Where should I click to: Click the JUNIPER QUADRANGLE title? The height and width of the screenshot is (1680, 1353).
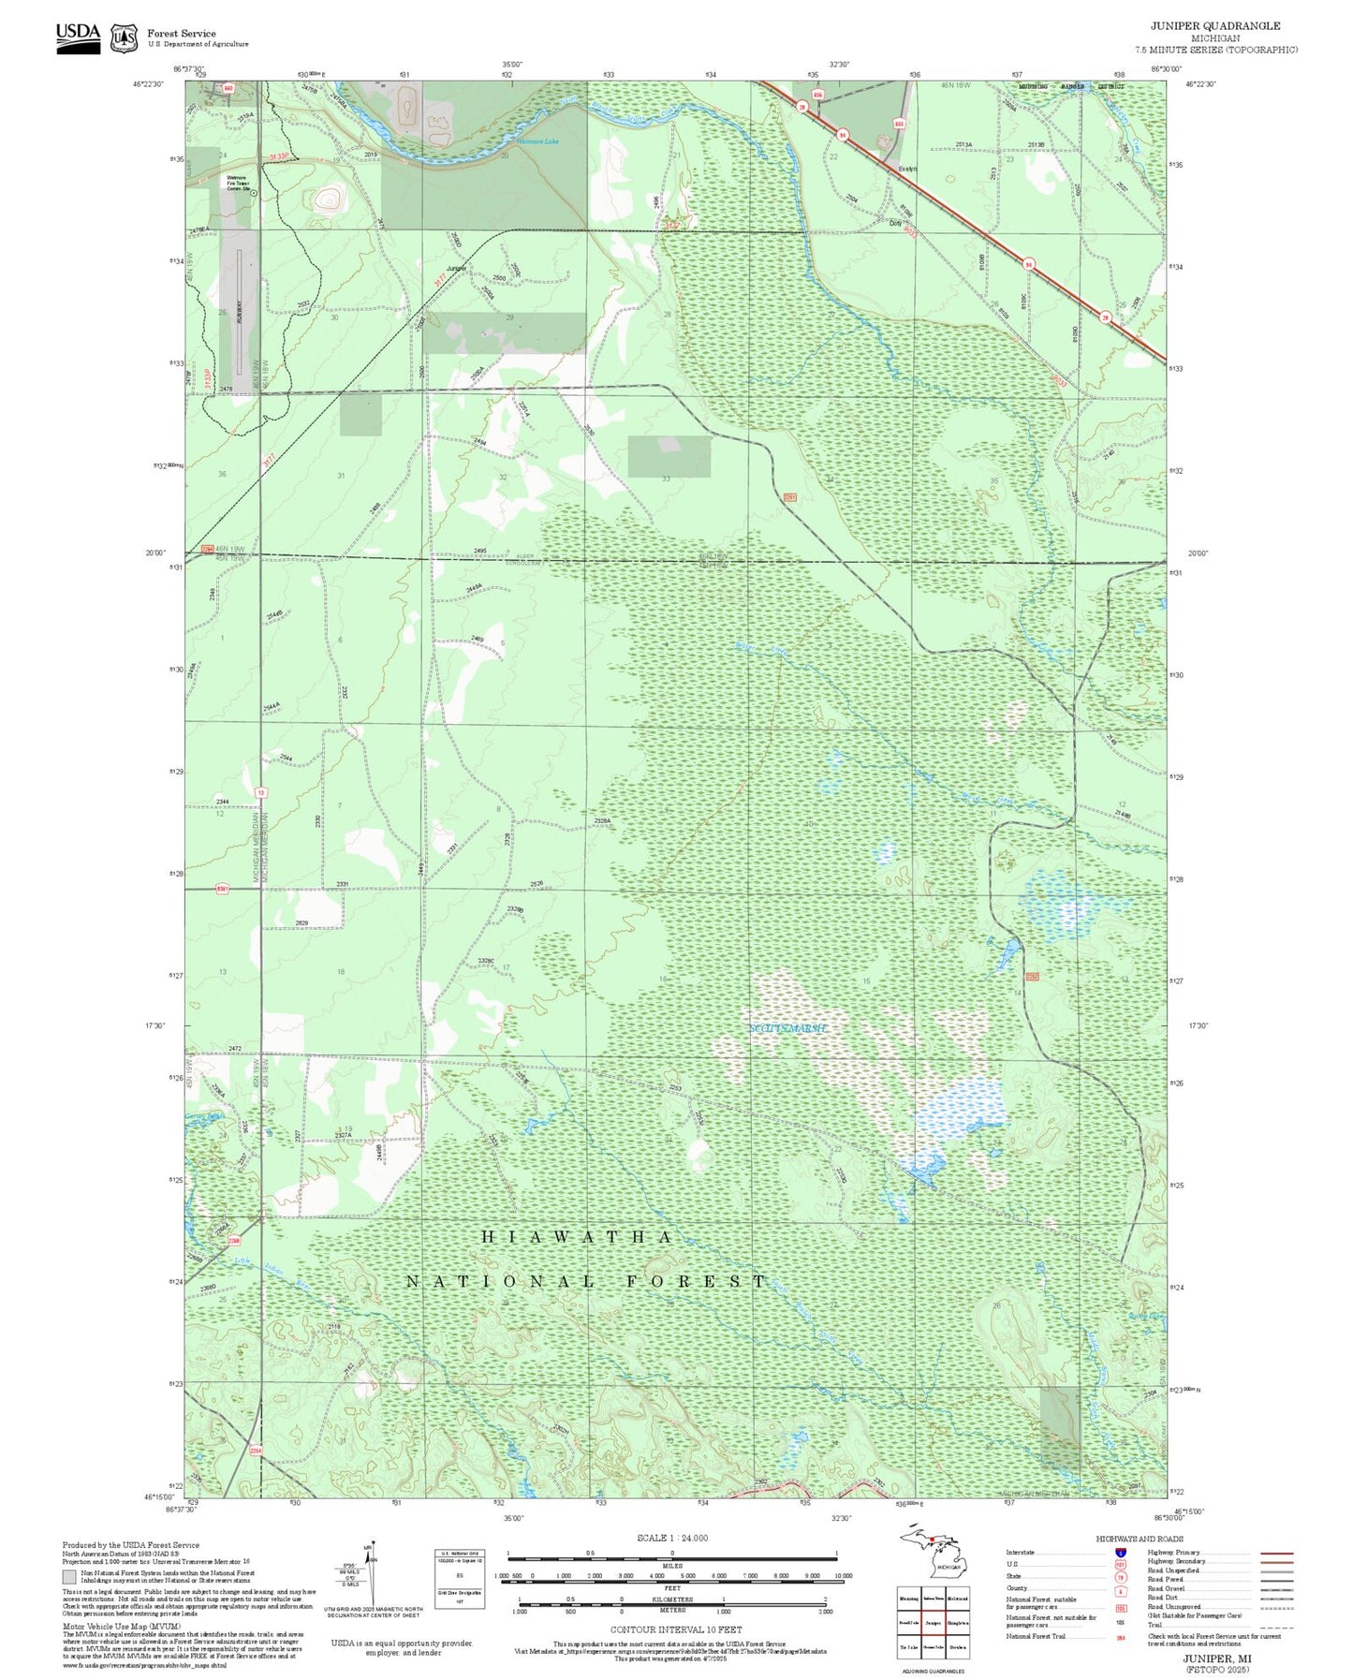[1214, 25]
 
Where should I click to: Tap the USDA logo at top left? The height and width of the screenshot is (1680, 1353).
[78, 37]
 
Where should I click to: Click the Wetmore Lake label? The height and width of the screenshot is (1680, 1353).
[538, 141]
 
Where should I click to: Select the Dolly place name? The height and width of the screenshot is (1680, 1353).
[895, 223]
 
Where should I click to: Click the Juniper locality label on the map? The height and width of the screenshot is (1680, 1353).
[456, 269]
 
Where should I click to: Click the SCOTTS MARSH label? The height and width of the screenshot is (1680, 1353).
[788, 1028]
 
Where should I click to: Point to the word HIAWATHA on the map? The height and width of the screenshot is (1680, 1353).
[576, 1237]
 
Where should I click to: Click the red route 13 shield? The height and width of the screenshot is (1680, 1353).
[261, 793]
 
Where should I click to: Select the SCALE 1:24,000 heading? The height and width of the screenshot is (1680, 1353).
[671, 1538]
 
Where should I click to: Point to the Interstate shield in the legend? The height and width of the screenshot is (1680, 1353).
[1120, 1553]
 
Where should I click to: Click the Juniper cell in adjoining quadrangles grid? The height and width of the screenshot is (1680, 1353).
[933, 1623]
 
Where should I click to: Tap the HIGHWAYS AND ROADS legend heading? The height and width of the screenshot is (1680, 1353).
[1140, 1539]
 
